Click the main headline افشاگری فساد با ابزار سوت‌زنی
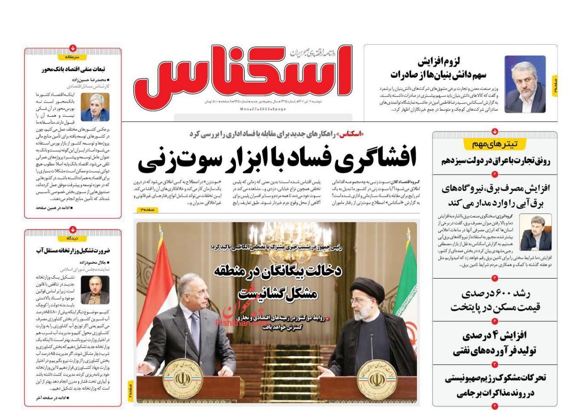278,159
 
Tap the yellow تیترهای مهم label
495,144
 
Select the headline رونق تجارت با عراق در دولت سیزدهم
495,161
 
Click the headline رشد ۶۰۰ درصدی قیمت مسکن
495,301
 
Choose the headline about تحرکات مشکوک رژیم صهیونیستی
495,385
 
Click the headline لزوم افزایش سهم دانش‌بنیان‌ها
439,68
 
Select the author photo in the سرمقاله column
95,107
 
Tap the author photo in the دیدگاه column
95,290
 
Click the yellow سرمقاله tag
73,57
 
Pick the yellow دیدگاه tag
73,239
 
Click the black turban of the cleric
367,288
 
